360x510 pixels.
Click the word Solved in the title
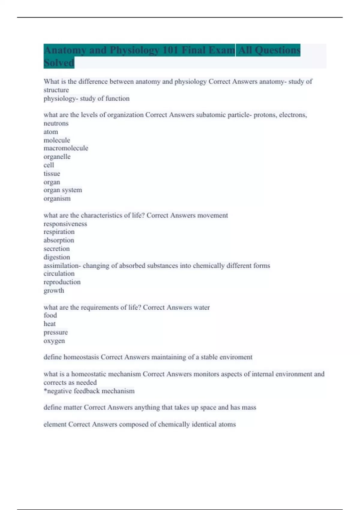(x=59, y=63)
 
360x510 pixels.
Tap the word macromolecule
(x=66, y=148)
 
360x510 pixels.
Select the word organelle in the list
(x=57, y=157)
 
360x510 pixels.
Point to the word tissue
(x=52, y=173)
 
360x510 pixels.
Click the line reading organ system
(x=63, y=190)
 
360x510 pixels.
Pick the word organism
(x=57, y=199)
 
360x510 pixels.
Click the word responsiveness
(x=65, y=224)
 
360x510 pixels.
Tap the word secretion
(x=56, y=249)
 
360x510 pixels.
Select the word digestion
(x=57, y=257)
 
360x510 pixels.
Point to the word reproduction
(x=62, y=282)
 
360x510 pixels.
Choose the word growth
(x=54, y=290)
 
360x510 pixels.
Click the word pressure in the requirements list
(x=55, y=332)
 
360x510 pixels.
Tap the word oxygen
(x=54, y=341)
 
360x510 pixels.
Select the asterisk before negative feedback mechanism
(x=45, y=390)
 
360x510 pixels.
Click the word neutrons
(x=56, y=123)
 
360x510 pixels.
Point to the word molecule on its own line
(x=57, y=140)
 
